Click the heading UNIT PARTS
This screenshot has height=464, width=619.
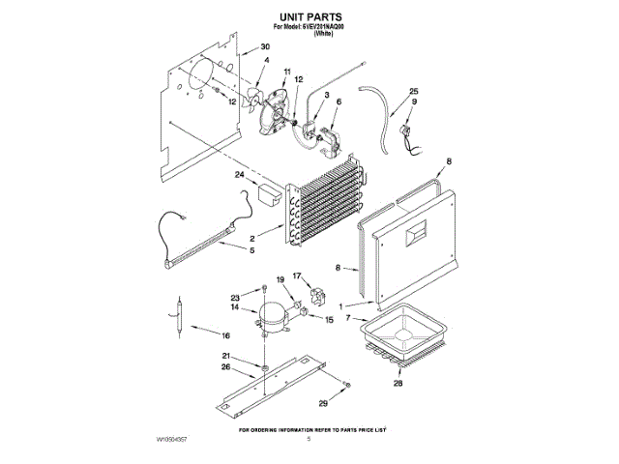coord(309,17)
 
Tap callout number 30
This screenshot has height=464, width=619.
coord(265,47)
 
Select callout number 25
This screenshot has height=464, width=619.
coord(414,91)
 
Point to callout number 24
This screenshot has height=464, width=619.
coord(240,174)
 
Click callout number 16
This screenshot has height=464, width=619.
coord(224,336)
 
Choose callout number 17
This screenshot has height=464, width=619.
coord(298,276)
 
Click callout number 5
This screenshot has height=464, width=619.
coord(252,250)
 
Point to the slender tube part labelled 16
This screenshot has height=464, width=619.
coord(177,318)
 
